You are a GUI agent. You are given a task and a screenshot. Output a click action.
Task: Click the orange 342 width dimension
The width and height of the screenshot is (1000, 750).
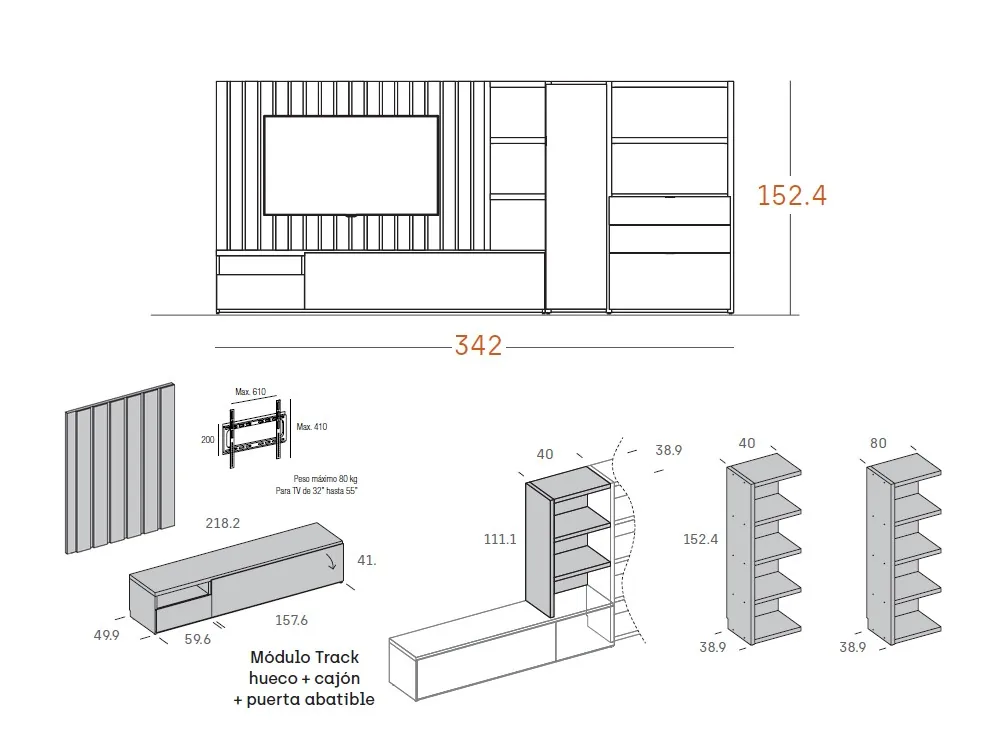[478, 346]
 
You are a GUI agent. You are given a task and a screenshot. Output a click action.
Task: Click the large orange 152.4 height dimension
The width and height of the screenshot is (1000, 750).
[792, 195]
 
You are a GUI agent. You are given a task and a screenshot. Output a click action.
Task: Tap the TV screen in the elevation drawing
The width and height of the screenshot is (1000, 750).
[350, 165]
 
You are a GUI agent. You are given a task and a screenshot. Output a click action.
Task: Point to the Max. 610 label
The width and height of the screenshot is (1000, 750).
[250, 391]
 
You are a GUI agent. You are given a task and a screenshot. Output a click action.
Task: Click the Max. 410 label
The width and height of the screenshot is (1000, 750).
[312, 427]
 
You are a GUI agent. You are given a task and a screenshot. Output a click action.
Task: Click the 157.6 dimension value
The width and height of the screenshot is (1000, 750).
[291, 620]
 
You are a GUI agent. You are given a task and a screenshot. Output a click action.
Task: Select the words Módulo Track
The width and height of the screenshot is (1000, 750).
[305, 658]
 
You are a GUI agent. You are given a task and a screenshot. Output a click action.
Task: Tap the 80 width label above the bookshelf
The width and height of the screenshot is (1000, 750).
[879, 443]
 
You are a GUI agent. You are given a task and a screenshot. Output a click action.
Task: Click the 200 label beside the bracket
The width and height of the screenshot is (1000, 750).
[208, 439]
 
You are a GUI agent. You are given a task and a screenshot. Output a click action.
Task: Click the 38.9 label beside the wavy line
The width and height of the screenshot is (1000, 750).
[668, 451]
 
